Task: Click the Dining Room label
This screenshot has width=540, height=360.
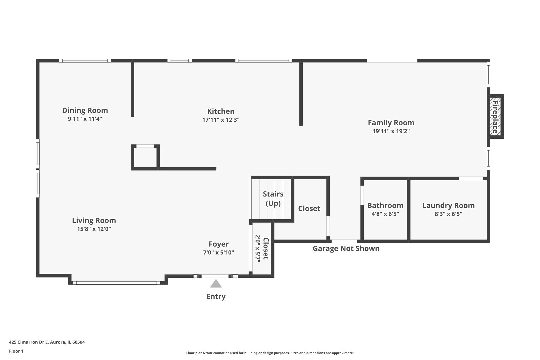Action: point(85,110)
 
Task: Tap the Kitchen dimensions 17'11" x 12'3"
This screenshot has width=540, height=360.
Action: point(221,120)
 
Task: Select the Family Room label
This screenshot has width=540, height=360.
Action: point(391,123)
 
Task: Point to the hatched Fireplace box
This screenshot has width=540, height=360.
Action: point(495,116)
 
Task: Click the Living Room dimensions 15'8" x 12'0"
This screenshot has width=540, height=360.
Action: point(94,229)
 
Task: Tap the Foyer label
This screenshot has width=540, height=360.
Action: point(219,244)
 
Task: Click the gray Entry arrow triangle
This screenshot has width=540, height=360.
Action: point(216,284)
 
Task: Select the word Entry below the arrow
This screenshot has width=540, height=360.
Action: point(216,296)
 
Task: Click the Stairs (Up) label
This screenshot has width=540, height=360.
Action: point(273,199)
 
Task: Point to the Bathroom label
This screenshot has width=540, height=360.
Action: point(385,205)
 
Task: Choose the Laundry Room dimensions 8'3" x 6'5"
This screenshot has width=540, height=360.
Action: point(448,214)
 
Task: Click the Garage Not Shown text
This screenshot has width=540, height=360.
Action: point(346,249)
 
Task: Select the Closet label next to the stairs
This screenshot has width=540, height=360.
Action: point(309,209)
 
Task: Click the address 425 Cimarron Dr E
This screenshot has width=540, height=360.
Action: point(29,342)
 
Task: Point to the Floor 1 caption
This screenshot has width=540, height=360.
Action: point(16,351)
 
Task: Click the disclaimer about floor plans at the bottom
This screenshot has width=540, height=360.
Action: point(270,353)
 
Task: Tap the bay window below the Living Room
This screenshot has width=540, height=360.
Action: point(116,283)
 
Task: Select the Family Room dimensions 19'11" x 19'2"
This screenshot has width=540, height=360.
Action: point(391,131)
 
